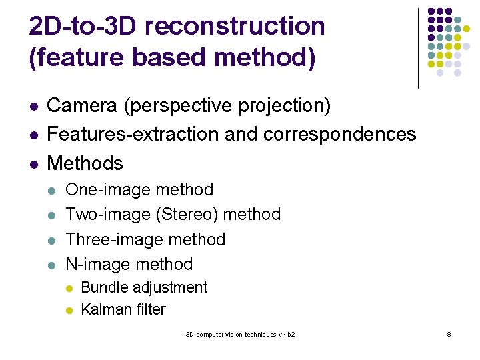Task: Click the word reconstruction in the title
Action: (x=235, y=27)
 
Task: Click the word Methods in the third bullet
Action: (x=85, y=163)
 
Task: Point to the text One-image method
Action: (x=139, y=190)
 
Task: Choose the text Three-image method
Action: (x=145, y=239)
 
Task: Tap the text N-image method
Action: (x=129, y=264)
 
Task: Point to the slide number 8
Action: (x=449, y=334)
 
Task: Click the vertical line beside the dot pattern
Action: (x=418, y=48)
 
